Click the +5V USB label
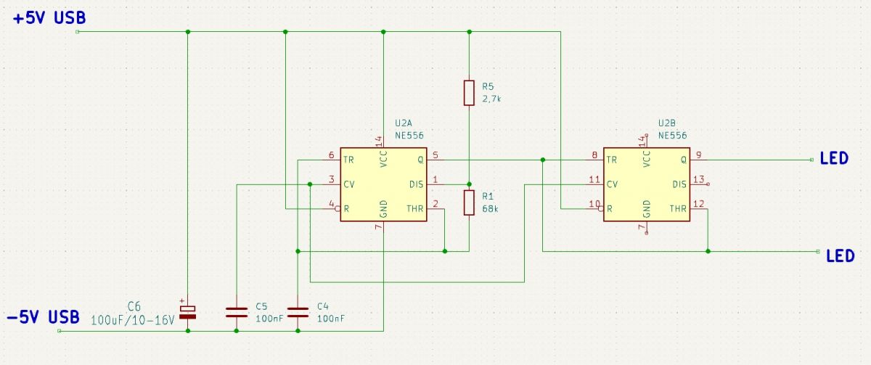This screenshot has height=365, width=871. tap(49, 18)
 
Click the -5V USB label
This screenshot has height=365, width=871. tap(43, 317)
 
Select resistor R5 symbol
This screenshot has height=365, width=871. tap(469, 93)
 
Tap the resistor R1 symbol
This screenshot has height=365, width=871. tap(469, 202)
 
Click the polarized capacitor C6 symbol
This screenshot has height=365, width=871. tap(188, 312)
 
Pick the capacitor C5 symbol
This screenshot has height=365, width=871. tap(237, 312)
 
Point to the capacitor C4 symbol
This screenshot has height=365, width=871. tap(298, 312)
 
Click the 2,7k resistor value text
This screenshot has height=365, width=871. tap(491, 99)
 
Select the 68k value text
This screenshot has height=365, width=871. tap(490, 209)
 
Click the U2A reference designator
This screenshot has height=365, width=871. tap(404, 123)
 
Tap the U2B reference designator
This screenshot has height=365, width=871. tap(666, 123)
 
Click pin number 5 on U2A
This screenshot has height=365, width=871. tap(435, 155)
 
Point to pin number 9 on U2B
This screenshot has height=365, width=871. tap(699, 155)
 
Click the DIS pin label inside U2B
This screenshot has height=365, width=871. tap(679, 184)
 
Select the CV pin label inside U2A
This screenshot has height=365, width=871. tap(349, 184)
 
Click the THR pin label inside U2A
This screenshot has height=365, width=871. tap(415, 209)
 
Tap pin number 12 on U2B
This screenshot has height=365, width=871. tap(699, 204)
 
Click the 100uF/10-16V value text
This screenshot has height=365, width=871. tap(133, 320)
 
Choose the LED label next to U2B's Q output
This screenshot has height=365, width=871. tap(834, 159)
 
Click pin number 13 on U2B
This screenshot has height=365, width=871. tap(699, 179)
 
